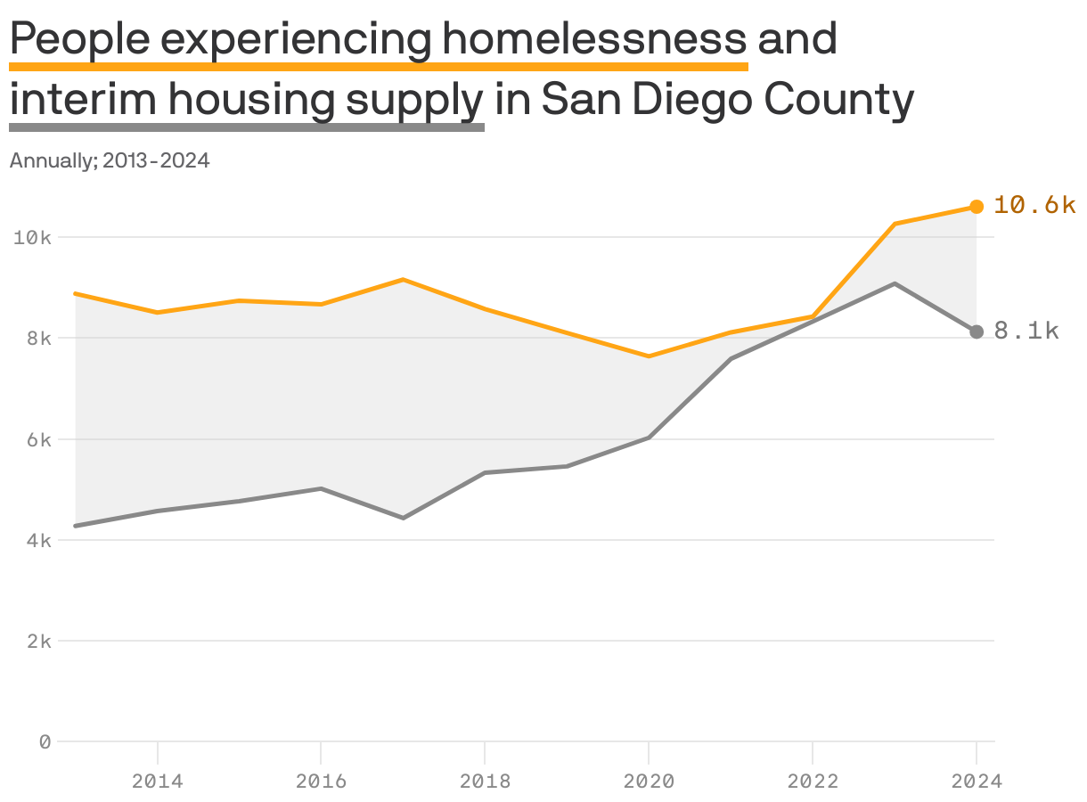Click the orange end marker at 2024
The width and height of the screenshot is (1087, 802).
point(977,207)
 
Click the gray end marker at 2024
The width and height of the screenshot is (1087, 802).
point(977,331)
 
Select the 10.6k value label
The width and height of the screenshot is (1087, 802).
point(1034,205)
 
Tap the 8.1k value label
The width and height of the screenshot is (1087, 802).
point(1026,331)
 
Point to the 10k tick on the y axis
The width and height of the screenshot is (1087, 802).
point(32,238)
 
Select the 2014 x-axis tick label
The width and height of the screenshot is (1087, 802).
point(158,782)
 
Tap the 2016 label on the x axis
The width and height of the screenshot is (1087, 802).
point(321,782)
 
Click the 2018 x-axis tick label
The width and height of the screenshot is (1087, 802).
point(485,782)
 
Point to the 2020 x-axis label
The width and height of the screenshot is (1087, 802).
point(649,782)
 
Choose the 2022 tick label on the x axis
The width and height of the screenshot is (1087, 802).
point(813,782)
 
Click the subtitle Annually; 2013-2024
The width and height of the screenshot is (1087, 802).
point(110,161)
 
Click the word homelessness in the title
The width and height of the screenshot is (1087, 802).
point(594,39)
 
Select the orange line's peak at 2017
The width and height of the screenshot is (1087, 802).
point(403,280)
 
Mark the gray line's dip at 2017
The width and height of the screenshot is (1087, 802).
point(403,518)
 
